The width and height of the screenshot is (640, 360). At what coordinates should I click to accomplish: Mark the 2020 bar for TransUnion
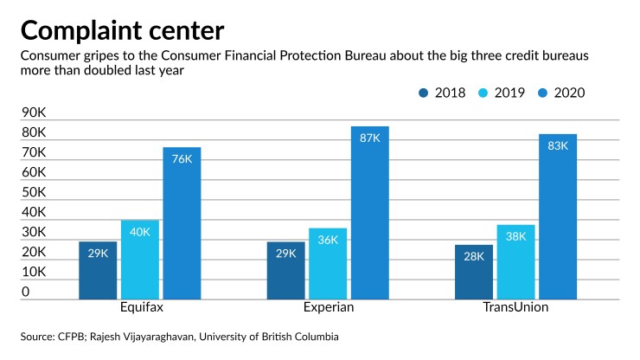point(558,216)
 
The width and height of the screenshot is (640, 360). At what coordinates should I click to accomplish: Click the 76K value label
point(182,159)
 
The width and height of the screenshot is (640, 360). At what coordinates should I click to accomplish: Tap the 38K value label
point(515,236)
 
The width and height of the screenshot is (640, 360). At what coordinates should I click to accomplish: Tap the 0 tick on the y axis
point(26,292)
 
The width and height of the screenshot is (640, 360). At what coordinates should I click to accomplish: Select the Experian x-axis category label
point(328,308)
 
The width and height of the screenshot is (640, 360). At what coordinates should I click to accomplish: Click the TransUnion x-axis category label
point(516,308)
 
